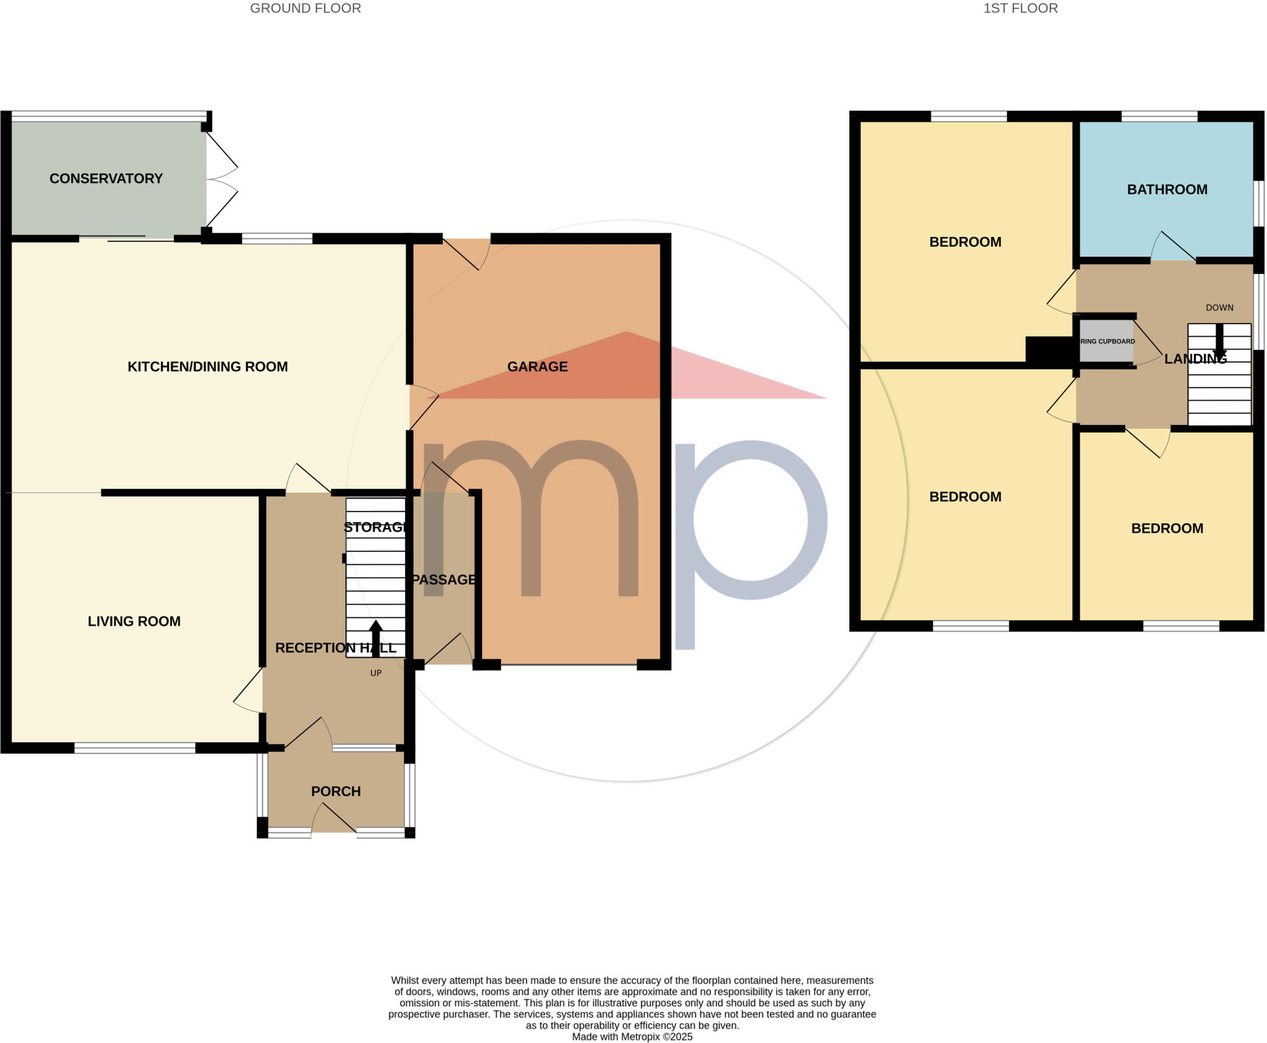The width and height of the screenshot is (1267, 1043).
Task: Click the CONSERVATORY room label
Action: click(106, 178)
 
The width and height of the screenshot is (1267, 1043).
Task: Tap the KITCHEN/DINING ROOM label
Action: click(207, 366)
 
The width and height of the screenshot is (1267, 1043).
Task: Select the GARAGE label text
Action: click(537, 366)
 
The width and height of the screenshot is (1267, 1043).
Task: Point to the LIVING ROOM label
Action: click(134, 621)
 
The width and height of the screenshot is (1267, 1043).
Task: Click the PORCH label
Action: click(335, 791)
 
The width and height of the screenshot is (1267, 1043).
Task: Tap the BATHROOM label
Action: click(1167, 189)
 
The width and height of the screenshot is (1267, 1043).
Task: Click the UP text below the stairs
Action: click(376, 673)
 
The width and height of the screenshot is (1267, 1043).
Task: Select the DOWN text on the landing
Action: click(1219, 307)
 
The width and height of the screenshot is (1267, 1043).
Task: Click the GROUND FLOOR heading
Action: click(305, 8)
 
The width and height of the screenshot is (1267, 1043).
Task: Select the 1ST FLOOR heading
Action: click(1020, 8)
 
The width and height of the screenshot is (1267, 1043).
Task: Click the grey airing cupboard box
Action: click(1106, 341)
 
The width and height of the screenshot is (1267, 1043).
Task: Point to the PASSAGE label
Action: click(444, 580)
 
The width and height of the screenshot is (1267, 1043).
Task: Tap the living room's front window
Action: click(135, 748)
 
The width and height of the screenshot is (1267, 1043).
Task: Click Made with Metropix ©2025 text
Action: click(632, 1037)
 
